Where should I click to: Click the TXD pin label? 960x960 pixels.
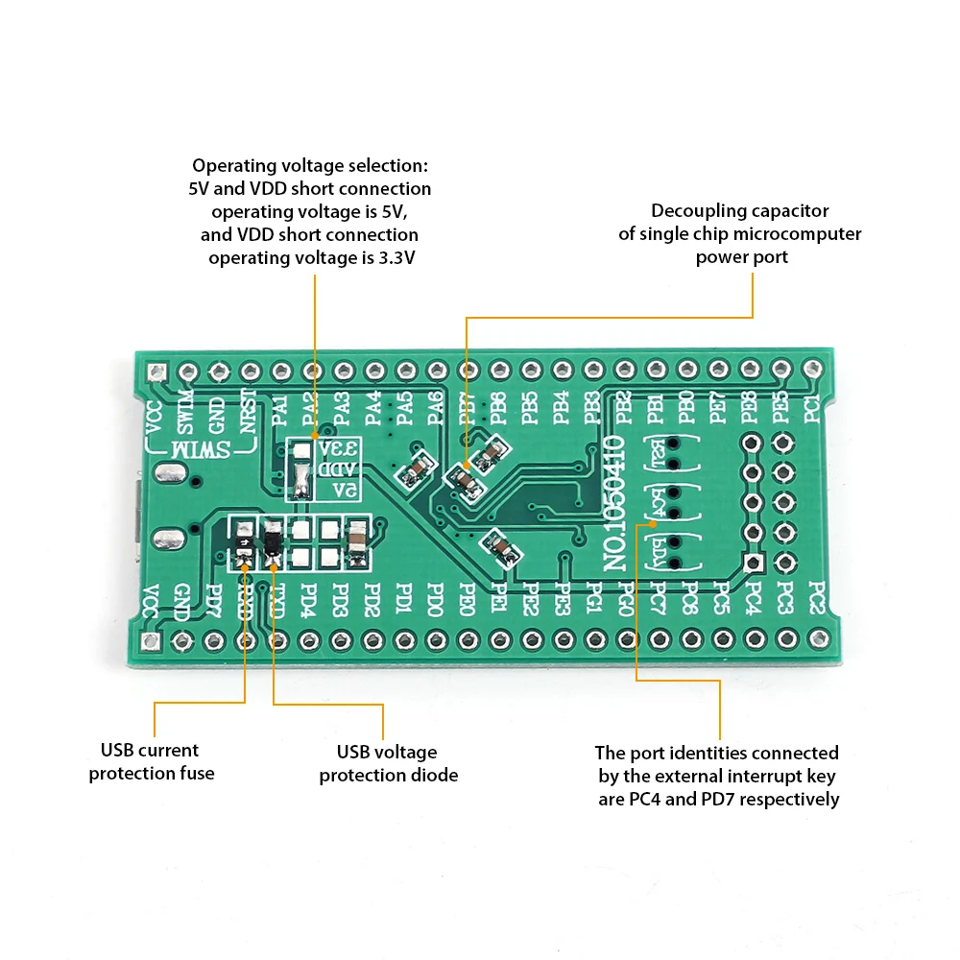tap(276, 602)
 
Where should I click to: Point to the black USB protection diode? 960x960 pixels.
tap(274, 541)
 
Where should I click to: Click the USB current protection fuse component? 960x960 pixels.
tap(244, 542)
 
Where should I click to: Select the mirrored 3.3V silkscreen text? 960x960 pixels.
tap(338, 449)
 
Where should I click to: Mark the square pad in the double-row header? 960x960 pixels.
tap(753, 563)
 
